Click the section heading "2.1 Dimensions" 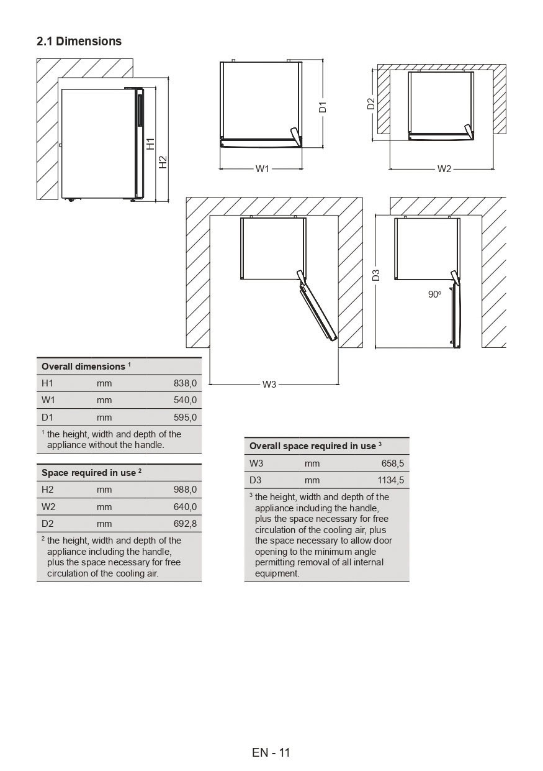tap(79, 42)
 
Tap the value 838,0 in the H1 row tap(185, 383)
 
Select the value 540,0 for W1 tap(185, 400)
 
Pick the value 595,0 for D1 tap(185, 417)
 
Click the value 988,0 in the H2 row tap(185, 490)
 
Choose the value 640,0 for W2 tap(185, 507)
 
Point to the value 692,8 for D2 tap(185, 524)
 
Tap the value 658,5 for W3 tap(393, 463)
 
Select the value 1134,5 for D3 tap(390, 480)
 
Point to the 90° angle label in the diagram tap(434, 294)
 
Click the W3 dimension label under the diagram tap(269, 385)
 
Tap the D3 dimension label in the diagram tap(376, 275)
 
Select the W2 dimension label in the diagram tap(444, 169)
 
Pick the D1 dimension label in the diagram tap(323, 106)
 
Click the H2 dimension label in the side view tap(163, 162)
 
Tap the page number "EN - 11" tap(271, 752)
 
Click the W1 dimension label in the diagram tap(263, 169)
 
